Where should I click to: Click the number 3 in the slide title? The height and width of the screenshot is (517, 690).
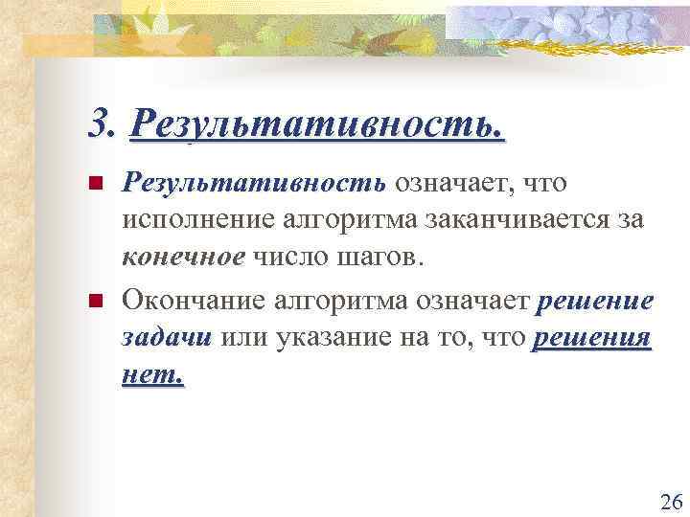click(97, 123)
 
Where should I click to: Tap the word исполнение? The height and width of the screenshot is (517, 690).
click(195, 219)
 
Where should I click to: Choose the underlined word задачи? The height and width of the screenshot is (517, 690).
click(168, 339)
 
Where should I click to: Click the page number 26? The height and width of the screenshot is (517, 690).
click(671, 502)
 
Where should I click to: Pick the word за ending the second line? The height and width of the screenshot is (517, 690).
click(631, 219)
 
